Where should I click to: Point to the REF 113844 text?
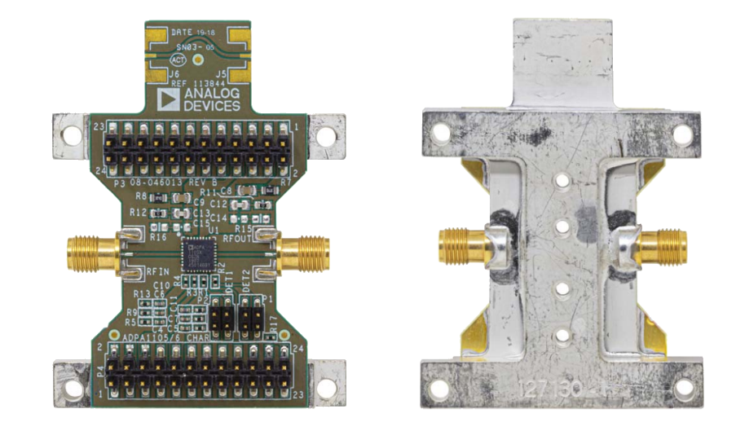196,83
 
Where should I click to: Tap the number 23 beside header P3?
98,127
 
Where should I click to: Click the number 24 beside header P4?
295,348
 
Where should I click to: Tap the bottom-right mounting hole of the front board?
325,388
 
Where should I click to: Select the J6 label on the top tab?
174,74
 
